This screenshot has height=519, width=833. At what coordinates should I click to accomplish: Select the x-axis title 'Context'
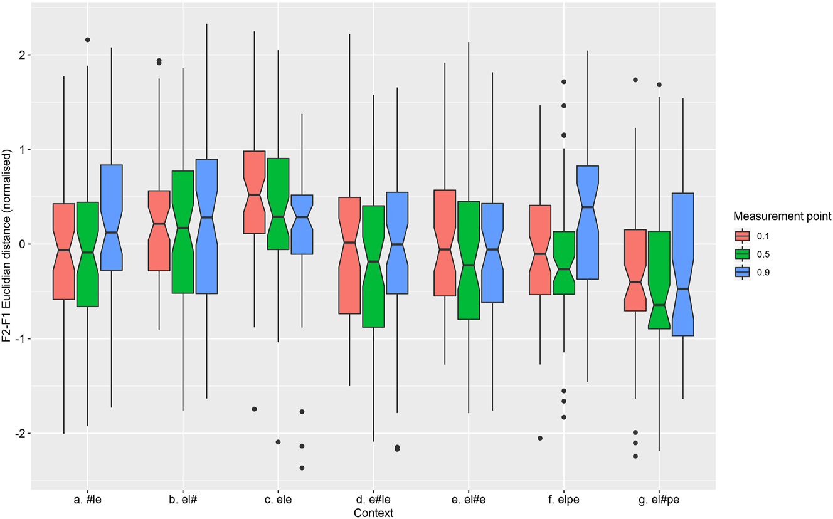(x=373, y=513)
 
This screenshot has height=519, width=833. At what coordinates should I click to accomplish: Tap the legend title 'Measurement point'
(x=783, y=217)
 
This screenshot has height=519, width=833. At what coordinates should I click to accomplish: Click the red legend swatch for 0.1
(x=743, y=236)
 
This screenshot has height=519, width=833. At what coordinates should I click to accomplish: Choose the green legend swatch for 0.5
(x=743, y=254)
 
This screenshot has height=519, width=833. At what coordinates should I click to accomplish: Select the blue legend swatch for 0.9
(x=743, y=272)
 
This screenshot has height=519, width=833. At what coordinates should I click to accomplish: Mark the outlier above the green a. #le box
(x=87, y=39)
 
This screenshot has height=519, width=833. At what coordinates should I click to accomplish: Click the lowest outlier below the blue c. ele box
(x=302, y=468)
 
